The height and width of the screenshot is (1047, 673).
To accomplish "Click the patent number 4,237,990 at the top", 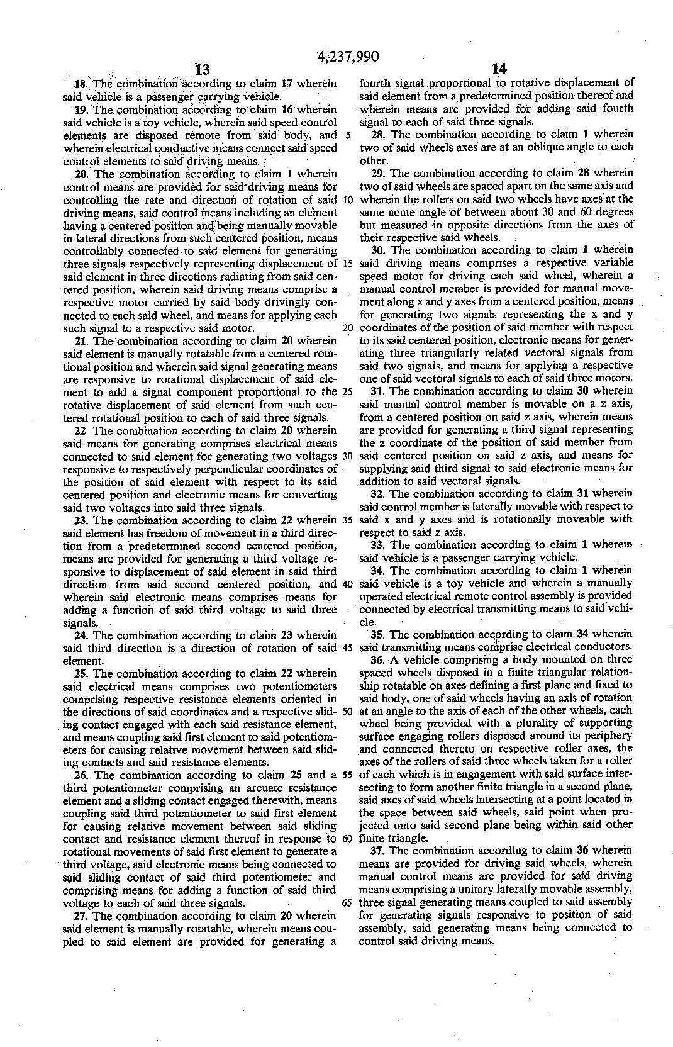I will pyautogui.click(x=348, y=57).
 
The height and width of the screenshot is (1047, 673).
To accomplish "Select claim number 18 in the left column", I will pyautogui.click(x=81, y=84).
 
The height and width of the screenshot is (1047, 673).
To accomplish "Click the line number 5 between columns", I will pyautogui.click(x=348, y=135).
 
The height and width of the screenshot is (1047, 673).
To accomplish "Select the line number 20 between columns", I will pyautogui.click(x=347, y=328).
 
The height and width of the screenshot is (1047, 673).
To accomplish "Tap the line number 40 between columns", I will pyautogui.click(x=347, y=583).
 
